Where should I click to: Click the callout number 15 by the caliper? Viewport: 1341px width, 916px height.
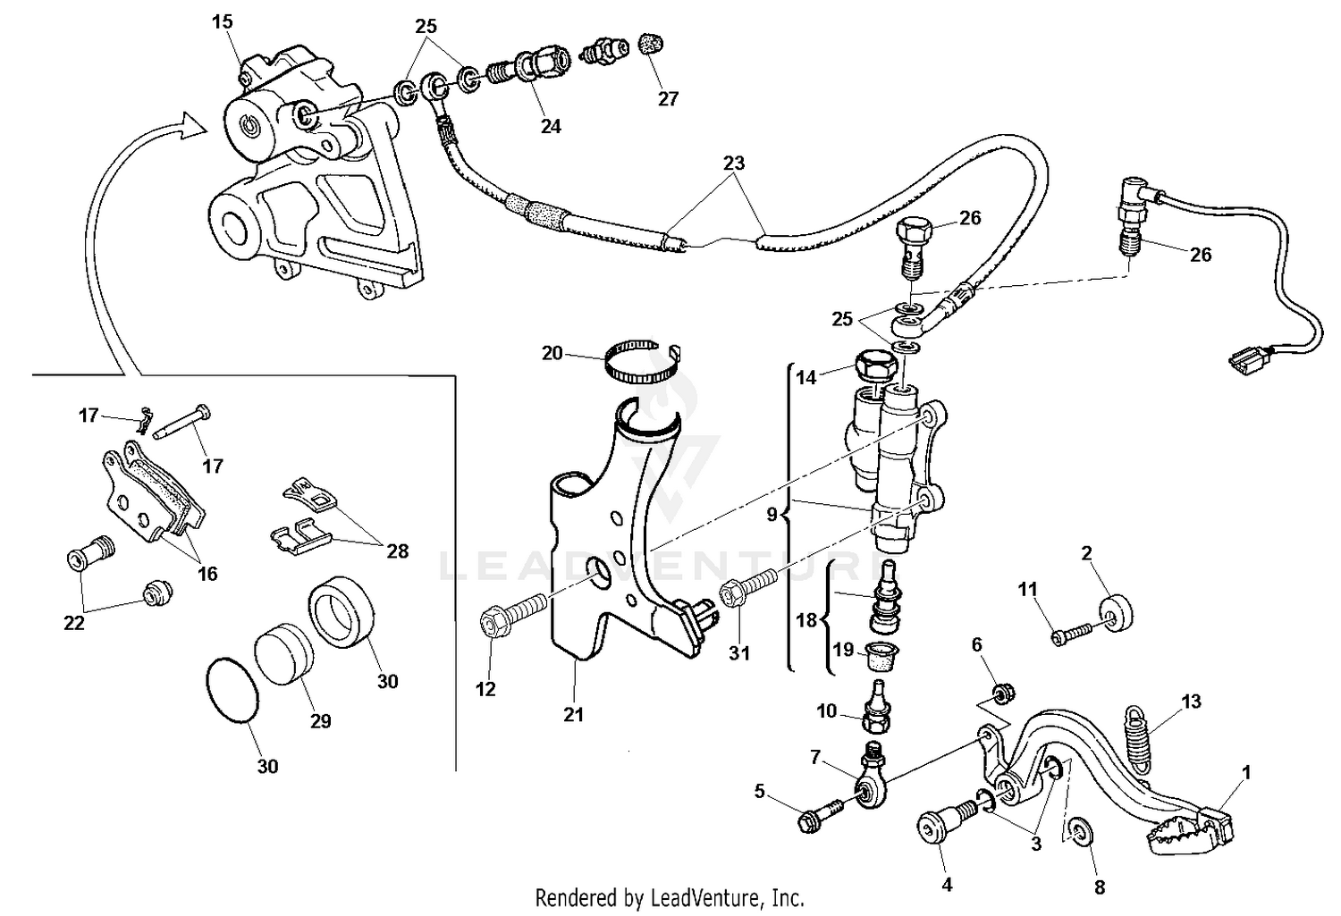point(223,22)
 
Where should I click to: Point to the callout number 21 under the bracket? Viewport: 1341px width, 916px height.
point(573,714)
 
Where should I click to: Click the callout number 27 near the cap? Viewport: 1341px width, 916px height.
point(668,99)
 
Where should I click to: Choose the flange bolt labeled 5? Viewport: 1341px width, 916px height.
point(820,815)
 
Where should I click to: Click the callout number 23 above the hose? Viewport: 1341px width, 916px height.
point(734,164)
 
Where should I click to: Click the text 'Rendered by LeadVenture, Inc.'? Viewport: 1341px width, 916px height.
point(670,896)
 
